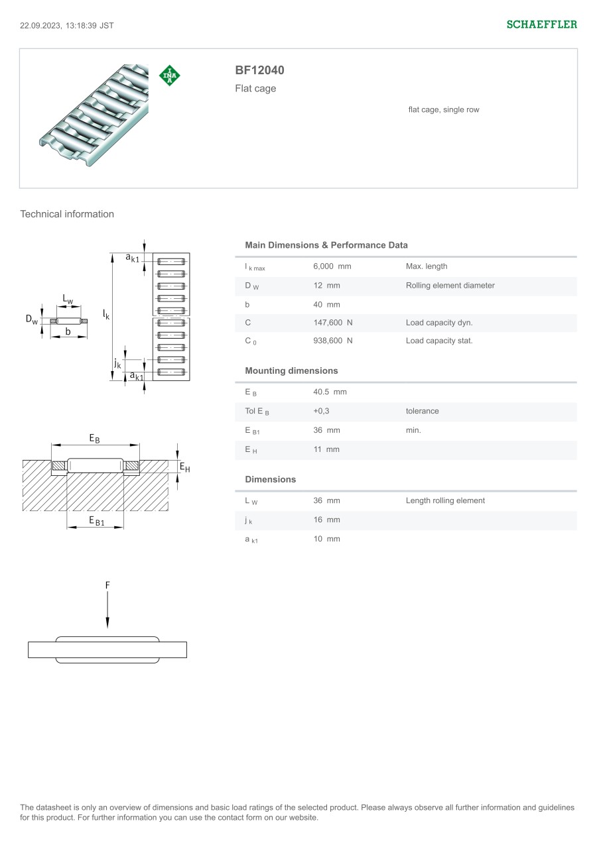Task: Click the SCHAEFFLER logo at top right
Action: pos(541,25)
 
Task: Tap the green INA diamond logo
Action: pos(170,76)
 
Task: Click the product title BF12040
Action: pos(259,70)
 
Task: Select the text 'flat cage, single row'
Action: pos(443,110)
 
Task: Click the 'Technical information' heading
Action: pos(67,214)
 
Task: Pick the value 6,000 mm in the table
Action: pos(332,266)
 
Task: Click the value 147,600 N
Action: pos(332,323)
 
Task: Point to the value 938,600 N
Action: pos(332,341)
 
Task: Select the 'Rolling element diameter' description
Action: pos(450,286)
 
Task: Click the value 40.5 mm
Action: pos(330,392)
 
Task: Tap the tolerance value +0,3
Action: pos(321,411)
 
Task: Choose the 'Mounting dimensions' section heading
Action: pos(291,370)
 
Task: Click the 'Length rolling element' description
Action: pos(445,500)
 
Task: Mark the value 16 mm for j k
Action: pos(326,520)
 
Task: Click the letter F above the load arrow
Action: pos(107,585)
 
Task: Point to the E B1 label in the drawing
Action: pos(97,521)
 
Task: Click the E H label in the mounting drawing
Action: pos(184,468)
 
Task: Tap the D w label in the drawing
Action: pos(32,319)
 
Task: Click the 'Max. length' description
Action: pos(427,266)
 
